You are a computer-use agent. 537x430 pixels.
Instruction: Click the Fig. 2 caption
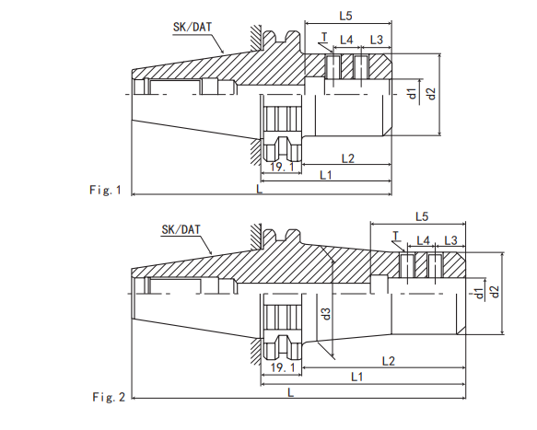109,397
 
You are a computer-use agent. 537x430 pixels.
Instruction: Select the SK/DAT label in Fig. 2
181,228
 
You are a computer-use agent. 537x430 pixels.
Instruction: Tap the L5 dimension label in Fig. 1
345,16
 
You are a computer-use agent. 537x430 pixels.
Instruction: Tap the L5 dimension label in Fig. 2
422,216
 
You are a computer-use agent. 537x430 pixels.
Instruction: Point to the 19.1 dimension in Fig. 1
279,167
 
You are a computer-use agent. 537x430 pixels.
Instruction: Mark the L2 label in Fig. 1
347,158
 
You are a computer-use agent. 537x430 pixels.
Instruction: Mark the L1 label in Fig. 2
356,378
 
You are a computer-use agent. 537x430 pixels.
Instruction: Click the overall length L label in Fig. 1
260,188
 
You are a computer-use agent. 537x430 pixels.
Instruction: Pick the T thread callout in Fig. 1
324,38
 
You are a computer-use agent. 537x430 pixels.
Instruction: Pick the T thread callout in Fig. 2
398,236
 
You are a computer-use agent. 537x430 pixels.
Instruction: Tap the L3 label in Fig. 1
376,40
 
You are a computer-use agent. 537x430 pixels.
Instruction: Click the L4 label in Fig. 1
347,40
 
